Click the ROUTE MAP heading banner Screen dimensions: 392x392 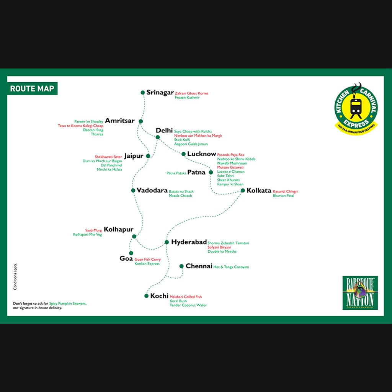(x=32, y=88)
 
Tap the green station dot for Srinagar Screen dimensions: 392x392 (x=143, y=93)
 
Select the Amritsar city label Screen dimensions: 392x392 (x=120, y=121)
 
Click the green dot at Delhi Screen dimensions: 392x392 (x=158, y=137)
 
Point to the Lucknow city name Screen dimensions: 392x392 (x=201, y=154)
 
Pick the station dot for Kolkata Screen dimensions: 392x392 (x=243, y=191)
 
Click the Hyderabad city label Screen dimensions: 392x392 (x=189, y=242)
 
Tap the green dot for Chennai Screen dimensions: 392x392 (x=181, y=266)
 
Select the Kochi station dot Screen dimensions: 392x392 (x=147, y=296)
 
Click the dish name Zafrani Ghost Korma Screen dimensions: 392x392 (x=191, y=93)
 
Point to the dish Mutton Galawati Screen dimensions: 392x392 (x=230, y=167)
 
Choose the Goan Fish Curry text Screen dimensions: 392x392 (x=147, y=260)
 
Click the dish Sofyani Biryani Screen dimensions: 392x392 (x=219, y=247)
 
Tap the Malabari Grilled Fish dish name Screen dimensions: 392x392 (x=186, y=297)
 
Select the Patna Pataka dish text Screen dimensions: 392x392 (x=176, y=173)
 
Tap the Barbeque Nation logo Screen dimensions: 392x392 (x=360, y=293)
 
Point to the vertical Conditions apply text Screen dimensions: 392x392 (x=15, y=276)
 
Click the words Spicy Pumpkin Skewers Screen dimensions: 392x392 (x=68, y=304)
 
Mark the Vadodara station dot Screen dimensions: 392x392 (x=133, y=191)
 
